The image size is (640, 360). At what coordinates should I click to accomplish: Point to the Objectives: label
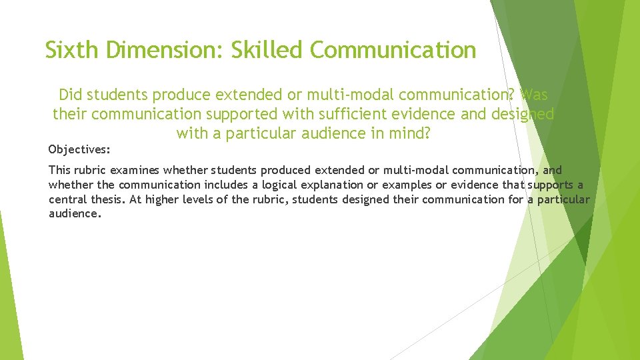tap(79, 148)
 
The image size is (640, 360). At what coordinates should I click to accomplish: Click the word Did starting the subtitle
tap(71, 95)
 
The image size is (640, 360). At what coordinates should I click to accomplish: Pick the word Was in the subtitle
tap(533, 95)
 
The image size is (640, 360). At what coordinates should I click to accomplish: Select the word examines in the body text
tap(135, 171)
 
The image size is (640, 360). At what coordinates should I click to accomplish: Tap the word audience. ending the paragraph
tap(75, 214)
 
